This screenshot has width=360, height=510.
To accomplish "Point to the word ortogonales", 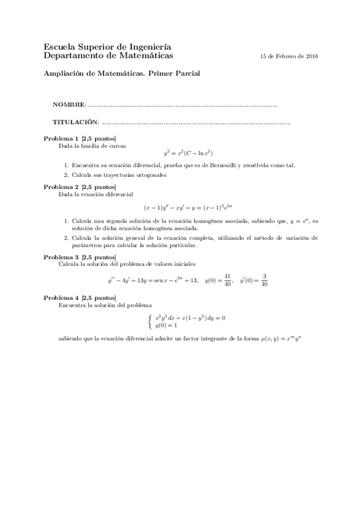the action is (148, 175).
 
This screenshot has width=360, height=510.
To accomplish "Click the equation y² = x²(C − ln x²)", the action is (188, 153).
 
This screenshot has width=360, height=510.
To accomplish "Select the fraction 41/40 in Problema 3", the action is (227, 280).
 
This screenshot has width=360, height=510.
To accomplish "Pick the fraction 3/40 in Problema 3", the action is (264, 280).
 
